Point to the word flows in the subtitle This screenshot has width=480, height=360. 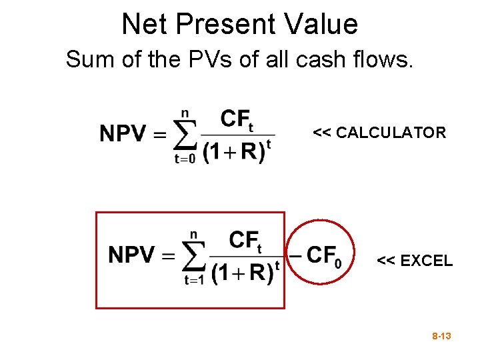click(385, 60)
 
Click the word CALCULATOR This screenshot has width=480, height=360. click(391, 133)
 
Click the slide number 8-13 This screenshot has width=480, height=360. click(441, 337)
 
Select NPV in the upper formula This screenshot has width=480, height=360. click(123, 135)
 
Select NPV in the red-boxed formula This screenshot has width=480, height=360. click(131, 255)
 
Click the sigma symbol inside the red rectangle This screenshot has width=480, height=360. click(195, 255)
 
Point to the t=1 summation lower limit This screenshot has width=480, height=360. click(194, 281)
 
